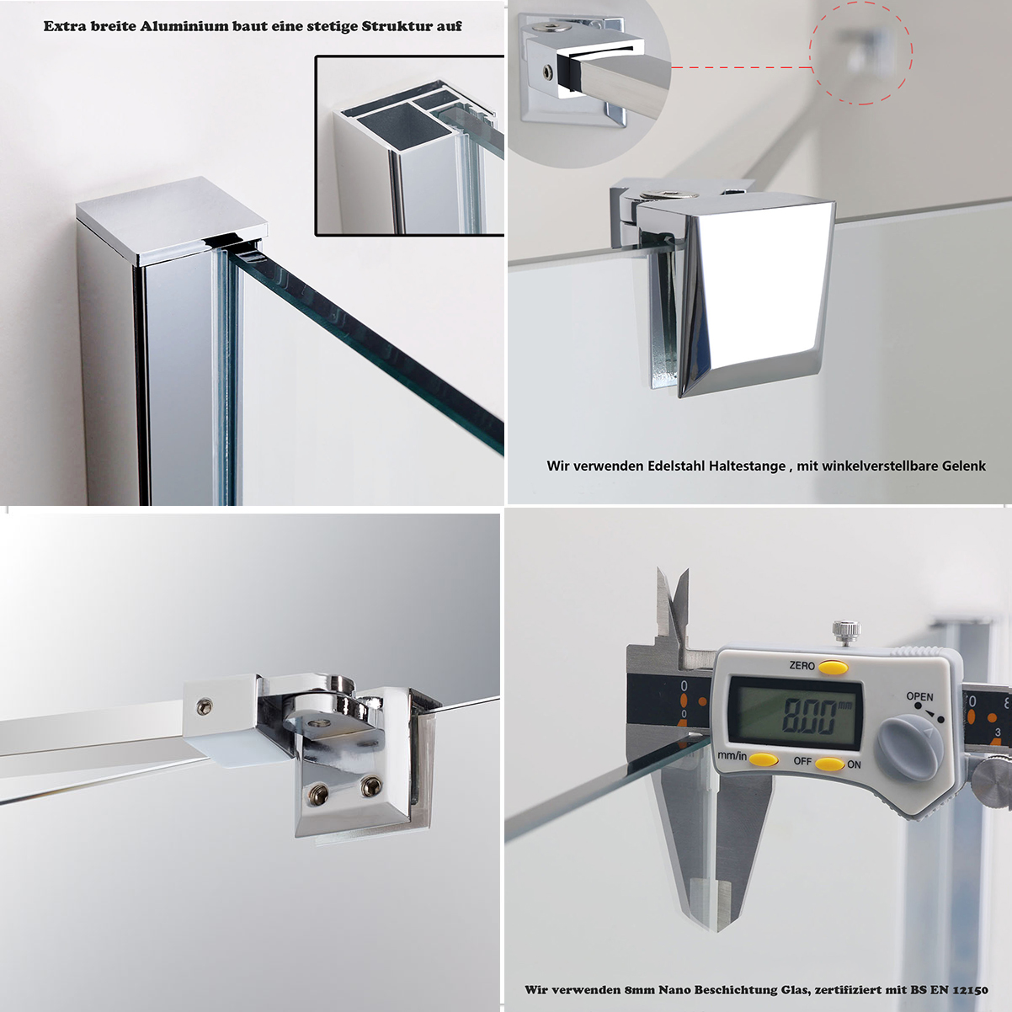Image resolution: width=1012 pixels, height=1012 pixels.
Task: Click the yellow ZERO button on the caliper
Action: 834,667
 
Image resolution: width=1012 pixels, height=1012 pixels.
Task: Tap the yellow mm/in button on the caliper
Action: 763,759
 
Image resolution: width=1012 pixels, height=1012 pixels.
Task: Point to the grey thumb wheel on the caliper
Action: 909,748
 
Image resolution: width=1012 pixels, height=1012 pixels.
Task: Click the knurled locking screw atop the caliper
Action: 845,633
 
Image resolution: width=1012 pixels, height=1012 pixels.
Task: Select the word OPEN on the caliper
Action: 919,696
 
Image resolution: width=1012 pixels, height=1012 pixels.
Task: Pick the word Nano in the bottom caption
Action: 674,990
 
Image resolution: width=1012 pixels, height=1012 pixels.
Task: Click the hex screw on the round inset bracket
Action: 548,72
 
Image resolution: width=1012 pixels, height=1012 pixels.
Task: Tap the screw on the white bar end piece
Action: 205,707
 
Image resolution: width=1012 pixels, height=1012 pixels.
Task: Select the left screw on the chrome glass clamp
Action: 317,794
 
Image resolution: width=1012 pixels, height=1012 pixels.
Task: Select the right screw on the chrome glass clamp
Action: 371,786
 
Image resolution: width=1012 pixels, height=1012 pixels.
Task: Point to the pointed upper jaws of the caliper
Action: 673,604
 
